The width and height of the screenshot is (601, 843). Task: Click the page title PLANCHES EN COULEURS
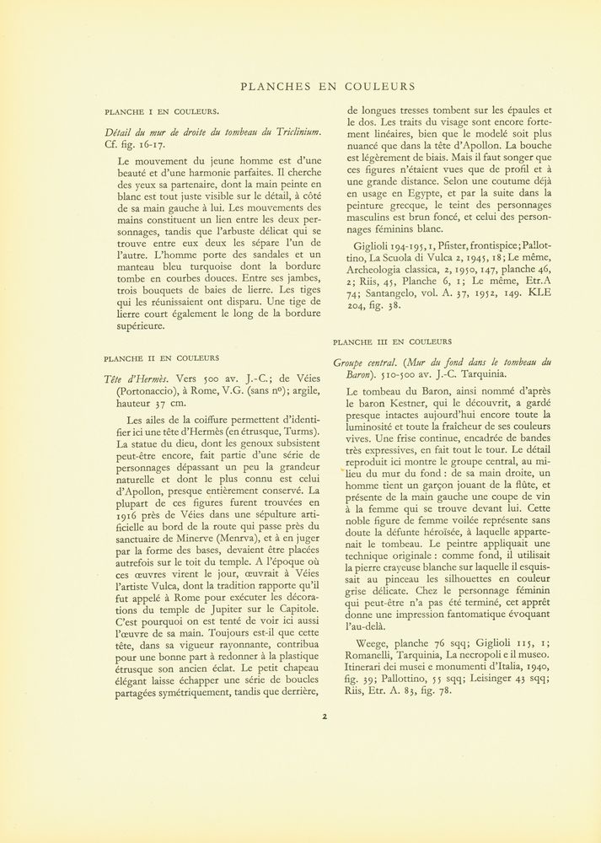[328, 86]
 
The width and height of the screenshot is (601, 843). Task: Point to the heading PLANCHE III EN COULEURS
[392, 342]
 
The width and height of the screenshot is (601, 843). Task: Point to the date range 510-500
[363, 375]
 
